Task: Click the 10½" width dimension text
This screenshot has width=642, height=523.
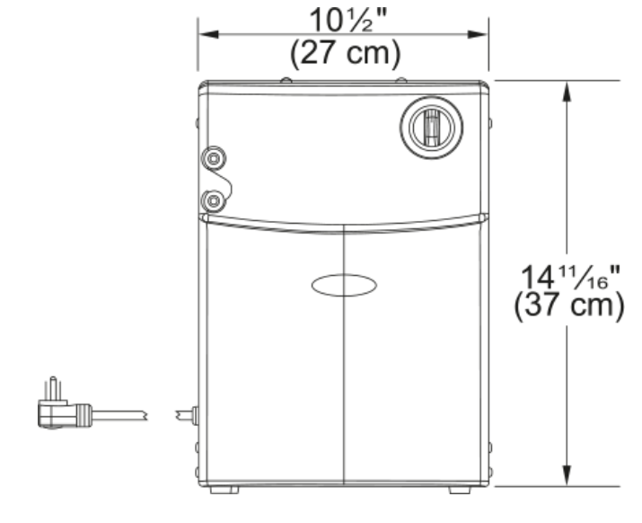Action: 348,21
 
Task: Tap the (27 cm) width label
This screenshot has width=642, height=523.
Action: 345,53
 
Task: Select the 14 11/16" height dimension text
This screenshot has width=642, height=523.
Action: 570,277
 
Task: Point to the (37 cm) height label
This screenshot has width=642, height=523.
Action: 569,306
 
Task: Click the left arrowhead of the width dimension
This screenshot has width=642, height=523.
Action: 209,34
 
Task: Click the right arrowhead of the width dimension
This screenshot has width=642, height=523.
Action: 478,34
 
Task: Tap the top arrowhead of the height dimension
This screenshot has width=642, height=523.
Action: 567,92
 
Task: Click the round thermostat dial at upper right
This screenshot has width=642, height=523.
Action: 432,127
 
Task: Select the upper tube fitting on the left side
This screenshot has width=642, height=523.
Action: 214,158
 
